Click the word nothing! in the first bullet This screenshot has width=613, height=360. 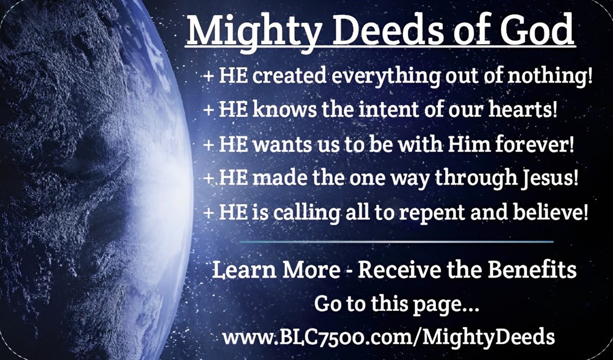550,76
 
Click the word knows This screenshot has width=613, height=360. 284,109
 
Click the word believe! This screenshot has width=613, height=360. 550,212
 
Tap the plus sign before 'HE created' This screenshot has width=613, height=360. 208,77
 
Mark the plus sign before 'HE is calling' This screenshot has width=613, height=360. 208,213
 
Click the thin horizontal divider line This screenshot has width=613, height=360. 397,242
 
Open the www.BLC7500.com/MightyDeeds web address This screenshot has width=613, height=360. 389,337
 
